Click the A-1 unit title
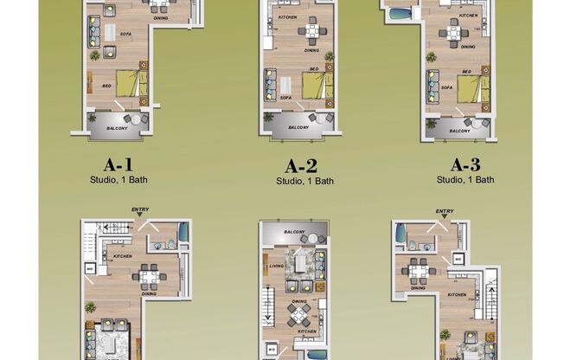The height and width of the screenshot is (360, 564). click(x=119, y=163)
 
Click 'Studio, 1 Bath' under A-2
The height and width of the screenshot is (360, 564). click(x=304, y=182)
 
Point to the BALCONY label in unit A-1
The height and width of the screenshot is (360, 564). click(x=119, y=128)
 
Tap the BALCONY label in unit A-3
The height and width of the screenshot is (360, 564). click(x=459, y=131)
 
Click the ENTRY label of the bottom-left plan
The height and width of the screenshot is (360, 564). click(x=140, y=209)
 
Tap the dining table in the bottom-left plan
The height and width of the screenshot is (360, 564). click(x=148, y=277)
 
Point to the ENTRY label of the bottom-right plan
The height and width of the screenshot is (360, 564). click(x=445, y=211)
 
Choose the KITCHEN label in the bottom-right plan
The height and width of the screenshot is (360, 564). click(x=458, y=295)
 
